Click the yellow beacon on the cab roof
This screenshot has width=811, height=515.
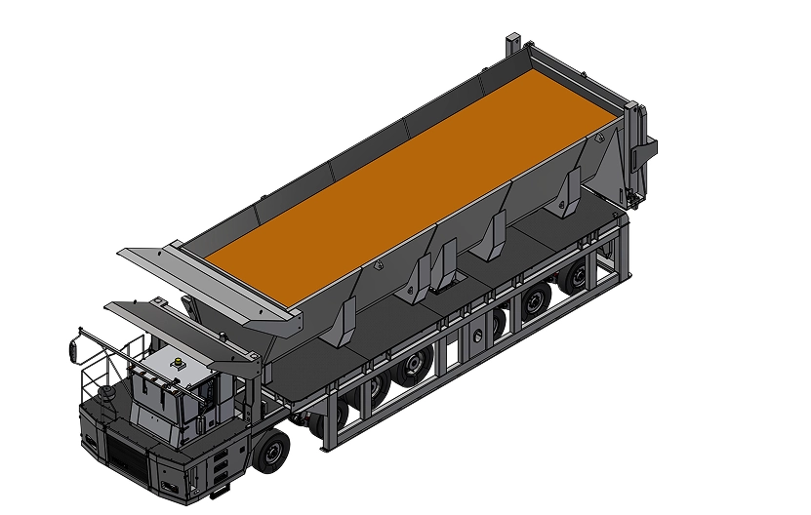178,363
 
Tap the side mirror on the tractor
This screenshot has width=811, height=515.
73,348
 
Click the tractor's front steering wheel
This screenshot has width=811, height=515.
272,449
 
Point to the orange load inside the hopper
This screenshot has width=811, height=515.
410,176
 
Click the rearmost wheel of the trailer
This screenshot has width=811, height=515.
576,279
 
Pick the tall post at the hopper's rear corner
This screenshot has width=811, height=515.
513,47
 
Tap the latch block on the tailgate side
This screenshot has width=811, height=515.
645,149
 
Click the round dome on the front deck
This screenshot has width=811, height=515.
104,394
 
